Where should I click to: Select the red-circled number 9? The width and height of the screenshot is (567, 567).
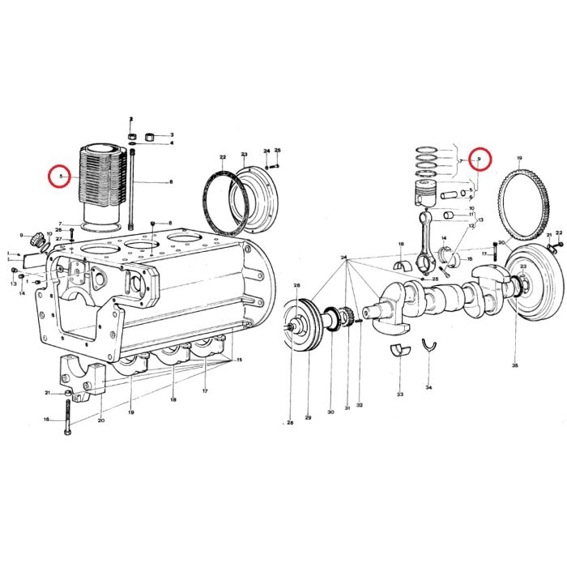[x=479, y=159]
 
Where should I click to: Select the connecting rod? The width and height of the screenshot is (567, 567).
[x=426, y=242]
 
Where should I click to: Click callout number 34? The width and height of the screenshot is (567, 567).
[x=428, y=388]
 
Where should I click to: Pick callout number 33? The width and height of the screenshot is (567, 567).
[x=399, y=394]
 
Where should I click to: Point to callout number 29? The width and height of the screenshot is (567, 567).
[x=308, y=417]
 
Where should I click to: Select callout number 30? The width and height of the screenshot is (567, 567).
[x=330, y=412]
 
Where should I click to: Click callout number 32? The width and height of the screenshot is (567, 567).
[x=359, y=405]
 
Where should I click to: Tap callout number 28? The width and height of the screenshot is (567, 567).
[x=289, y=422]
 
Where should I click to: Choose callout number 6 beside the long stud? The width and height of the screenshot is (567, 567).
[x=171, y=182]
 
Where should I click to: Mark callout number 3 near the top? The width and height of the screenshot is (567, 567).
[x=171, y=134]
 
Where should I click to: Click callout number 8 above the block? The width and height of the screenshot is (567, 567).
[x=171, y=223]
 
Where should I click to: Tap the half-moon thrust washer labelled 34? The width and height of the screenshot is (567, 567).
[x=428, y=350]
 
